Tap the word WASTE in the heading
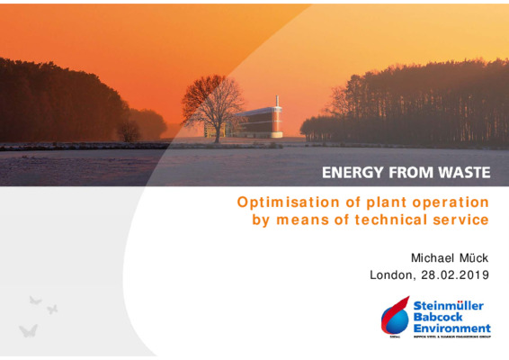tap(458, 173)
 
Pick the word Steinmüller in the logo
tap(449, 306)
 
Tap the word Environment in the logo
tap(451, 329)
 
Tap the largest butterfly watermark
tap(28, 330)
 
